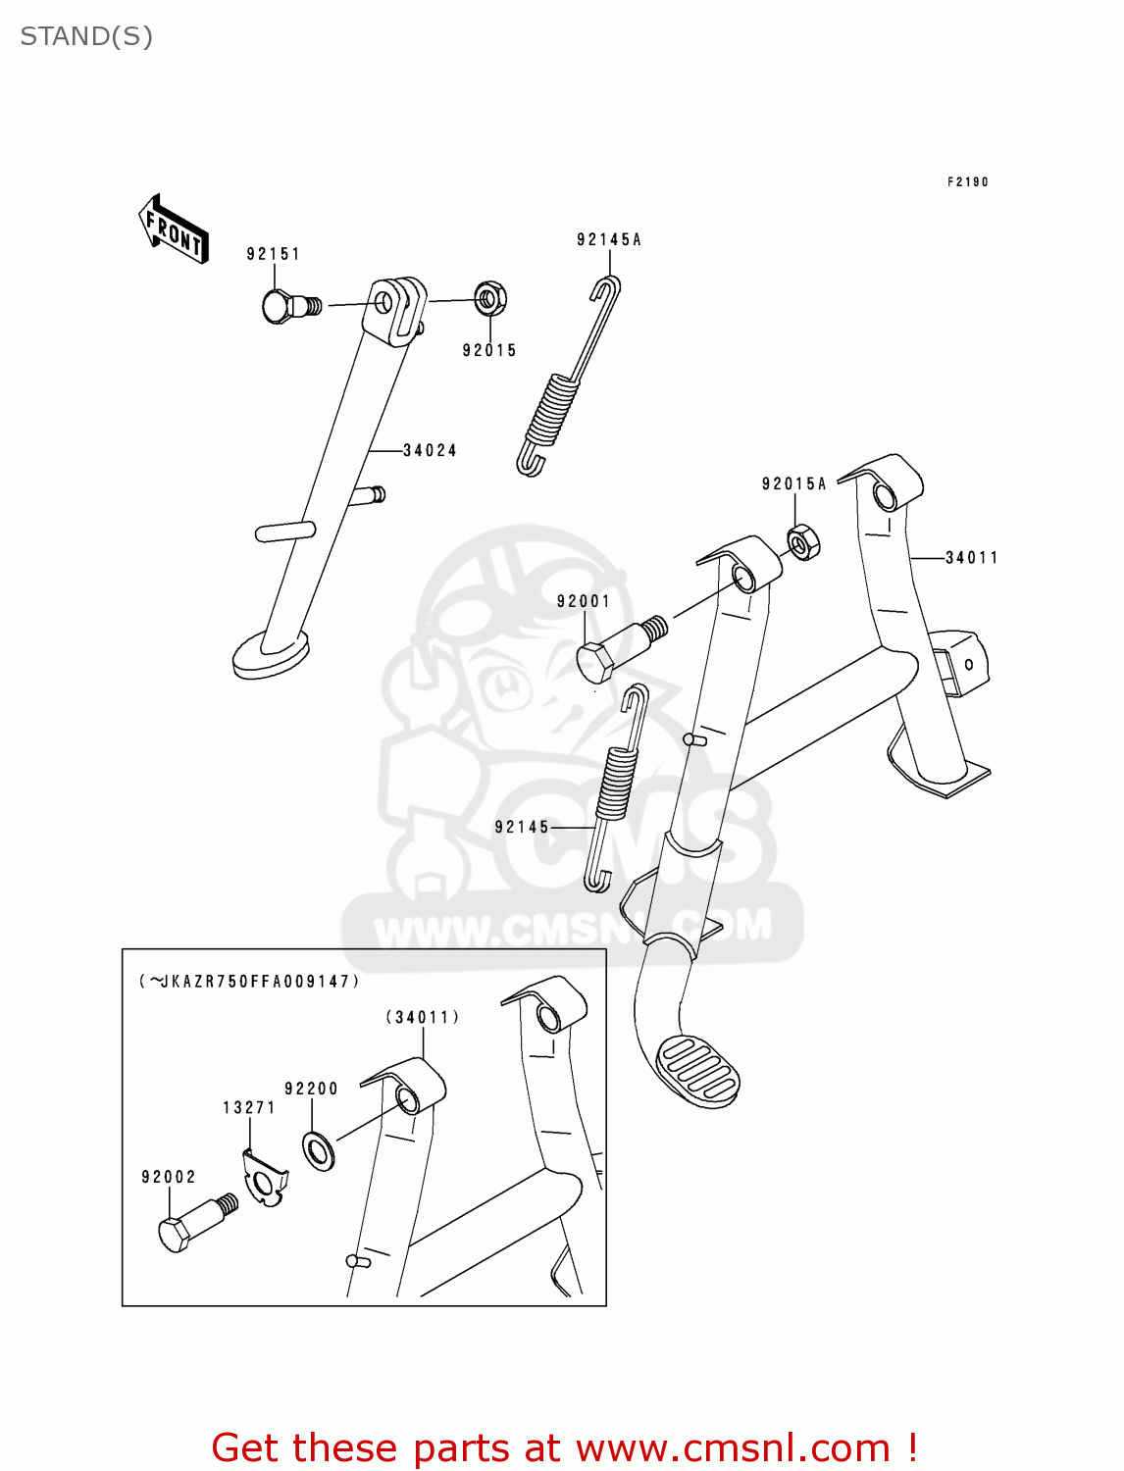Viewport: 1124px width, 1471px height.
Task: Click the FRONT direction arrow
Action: pyautogui.click(x=174, y=229)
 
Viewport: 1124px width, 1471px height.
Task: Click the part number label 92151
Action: pyautogui.click(x=273, y=254)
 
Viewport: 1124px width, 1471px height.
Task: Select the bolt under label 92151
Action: pyautogui.click(x=287, y=307)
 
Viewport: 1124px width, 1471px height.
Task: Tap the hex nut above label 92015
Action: pyautogui.click(x=490, y=298)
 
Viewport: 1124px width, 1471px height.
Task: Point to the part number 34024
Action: pyautogui.click(x=430, y=451)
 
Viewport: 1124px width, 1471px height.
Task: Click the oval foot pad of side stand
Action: pyautogui.click(x=270, y=652)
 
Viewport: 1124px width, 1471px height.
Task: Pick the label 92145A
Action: pyautogui.click(x=608, y=239)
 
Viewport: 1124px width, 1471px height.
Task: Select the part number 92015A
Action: pyautogui.click(x=793, y=483)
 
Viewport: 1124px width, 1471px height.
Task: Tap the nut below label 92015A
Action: pyautogui.click(x=803, y=542)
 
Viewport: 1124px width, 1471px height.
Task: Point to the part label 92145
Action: pyautogui.click(x=522, y=827)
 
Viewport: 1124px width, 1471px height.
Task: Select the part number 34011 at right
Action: pyautogui.click(x=971, y=558)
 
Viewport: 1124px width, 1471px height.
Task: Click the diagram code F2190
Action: pyautogui.click(x=967, y=182)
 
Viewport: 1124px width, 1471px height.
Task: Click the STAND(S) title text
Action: pyautogui.click(x=86, y=36)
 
